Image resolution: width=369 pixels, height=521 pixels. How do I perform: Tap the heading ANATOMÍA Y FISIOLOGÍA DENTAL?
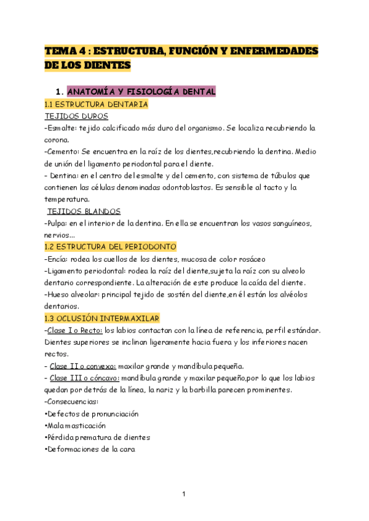tap(141, 92)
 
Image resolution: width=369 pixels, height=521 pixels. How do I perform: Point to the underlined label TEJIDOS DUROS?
tap(77, 116)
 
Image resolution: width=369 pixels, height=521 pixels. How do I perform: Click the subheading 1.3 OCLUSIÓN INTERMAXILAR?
tap(102, 318)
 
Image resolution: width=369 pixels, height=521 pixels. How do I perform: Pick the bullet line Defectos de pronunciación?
tap(92, 413)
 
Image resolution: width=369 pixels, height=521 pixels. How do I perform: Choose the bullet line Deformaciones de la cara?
tap(90, 449)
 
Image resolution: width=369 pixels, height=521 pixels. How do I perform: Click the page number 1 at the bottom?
tap(184, 493)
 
